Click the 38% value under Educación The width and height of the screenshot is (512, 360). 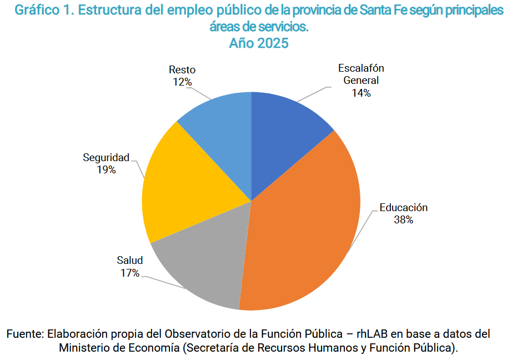[x=403, y=220]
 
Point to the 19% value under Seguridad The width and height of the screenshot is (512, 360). [x=106, y=170]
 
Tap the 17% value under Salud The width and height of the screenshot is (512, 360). [x=129, y=273]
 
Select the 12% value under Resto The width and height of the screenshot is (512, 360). [x=182, y=82]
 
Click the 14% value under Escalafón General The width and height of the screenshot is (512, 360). [x=360, y=93]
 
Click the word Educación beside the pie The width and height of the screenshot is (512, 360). [x=404, y=208]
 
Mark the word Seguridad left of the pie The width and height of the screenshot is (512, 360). [x=106, y=158]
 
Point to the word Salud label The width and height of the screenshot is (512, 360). [x=130, y=261]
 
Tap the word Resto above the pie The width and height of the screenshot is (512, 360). [x=182, y=70]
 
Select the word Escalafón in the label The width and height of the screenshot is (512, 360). [x=361, y=68]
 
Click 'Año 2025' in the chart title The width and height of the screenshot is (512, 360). [x=259, y=43]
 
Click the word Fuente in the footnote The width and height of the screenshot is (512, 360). [x=24, y=334]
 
